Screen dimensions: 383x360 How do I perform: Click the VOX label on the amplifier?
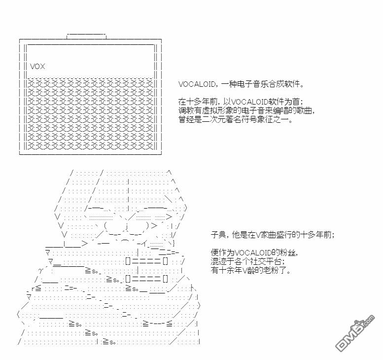pos(37,66)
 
